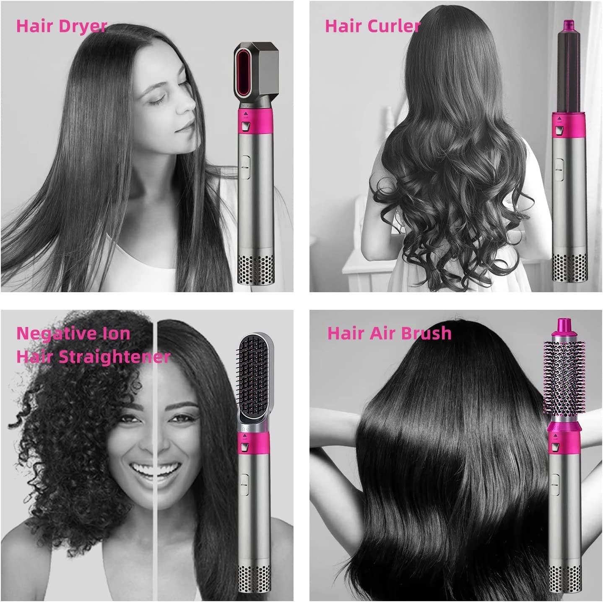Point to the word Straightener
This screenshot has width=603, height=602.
point(114,357)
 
